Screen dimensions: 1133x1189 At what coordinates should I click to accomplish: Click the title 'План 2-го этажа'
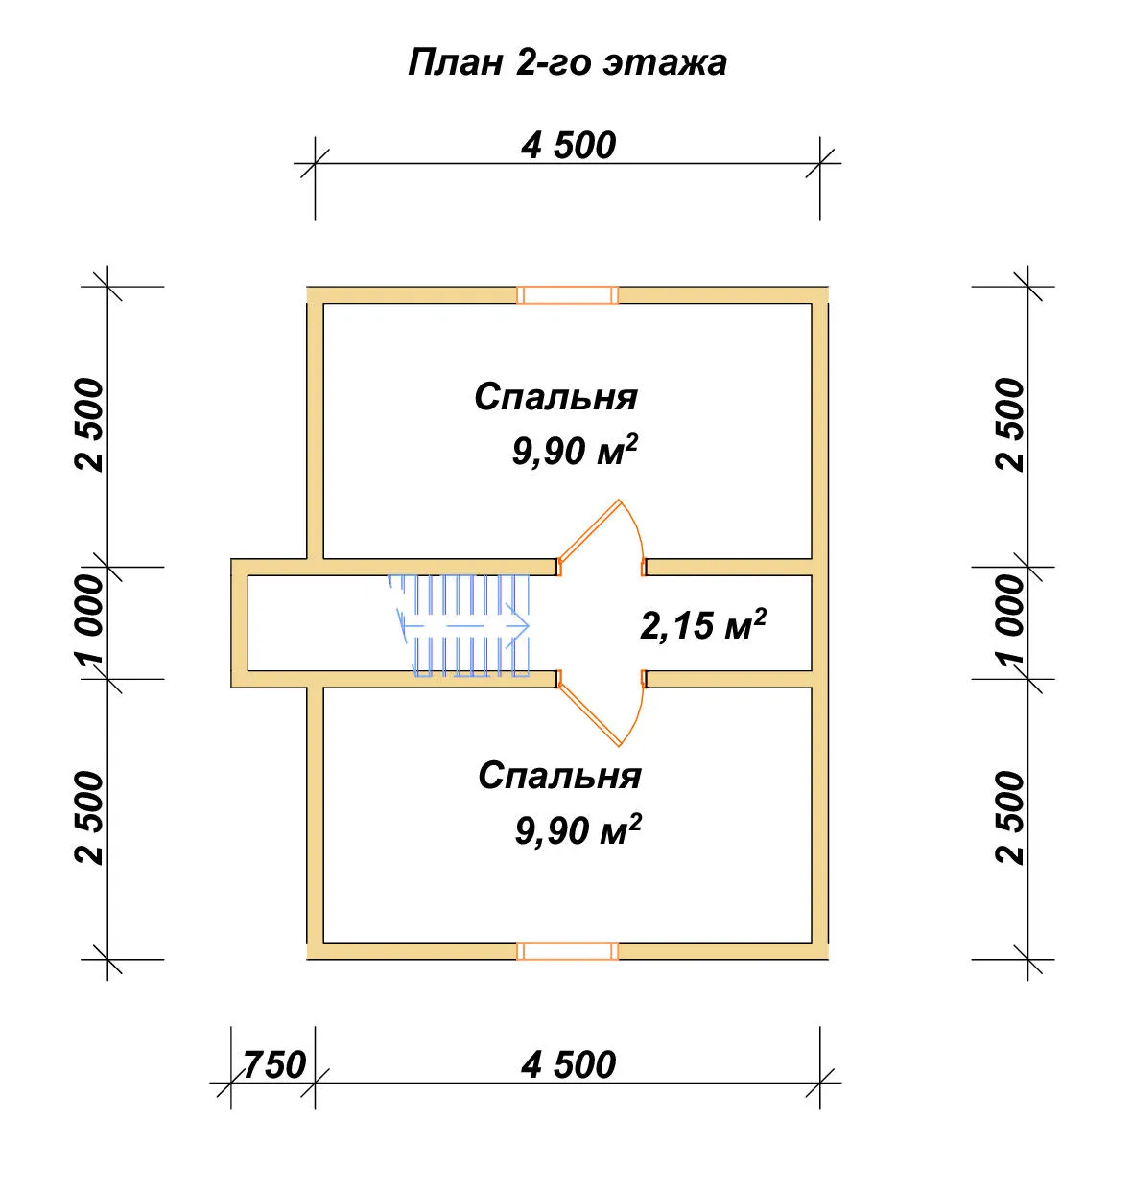[567, 63]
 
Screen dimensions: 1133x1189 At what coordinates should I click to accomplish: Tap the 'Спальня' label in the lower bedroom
[559, 776]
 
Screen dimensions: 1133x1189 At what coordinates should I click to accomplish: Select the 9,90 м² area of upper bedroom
[575, 451]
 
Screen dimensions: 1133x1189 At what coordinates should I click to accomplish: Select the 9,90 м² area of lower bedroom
[578, 829]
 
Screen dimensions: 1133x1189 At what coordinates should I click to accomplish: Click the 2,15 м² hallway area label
[702, 624]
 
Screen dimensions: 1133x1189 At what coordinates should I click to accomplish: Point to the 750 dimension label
[274, 1082]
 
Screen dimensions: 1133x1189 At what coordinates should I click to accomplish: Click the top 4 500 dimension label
[568, 146]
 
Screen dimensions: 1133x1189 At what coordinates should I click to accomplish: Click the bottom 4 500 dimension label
[568, 1082]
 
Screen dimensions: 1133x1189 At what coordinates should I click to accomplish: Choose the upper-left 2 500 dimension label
[90, 425]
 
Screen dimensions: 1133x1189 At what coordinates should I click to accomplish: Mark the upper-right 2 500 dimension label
[1010, 425]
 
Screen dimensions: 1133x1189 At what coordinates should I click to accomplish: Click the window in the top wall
[567, 295]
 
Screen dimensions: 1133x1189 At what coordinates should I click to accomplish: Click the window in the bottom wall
[567, 950]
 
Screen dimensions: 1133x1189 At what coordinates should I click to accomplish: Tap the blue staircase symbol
[460, 625]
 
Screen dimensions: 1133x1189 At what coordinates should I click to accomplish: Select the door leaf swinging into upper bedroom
[589, 530]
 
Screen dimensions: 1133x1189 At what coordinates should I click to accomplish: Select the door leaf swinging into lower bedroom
[589, 715]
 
